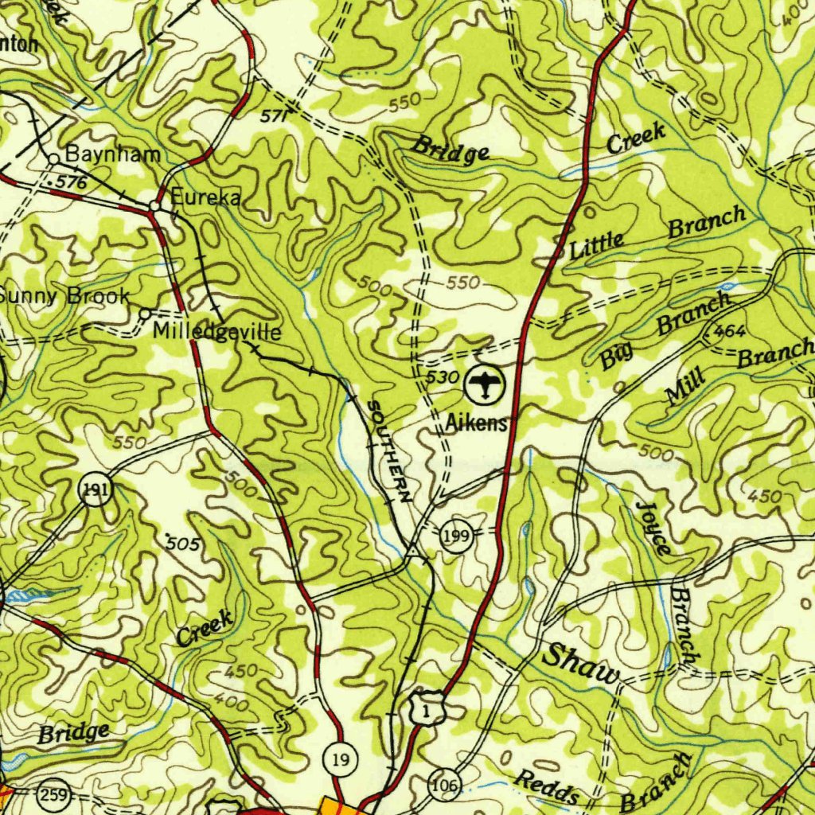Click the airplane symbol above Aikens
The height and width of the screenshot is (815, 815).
point(485,385)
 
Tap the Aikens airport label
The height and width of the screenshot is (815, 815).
point(476,423)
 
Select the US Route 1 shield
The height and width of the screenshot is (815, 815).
point(427,708)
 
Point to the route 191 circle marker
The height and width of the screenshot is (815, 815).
point(96,489)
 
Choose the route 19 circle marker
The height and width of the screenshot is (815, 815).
point(341,760)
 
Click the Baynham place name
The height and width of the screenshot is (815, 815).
point(112,154)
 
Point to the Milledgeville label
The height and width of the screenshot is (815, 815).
point(216,332)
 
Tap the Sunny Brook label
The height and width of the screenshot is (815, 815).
point(64,296)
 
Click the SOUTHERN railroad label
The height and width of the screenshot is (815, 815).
point(389,450)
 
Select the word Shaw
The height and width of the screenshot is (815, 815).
point(580,665)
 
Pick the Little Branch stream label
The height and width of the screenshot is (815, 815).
point(657,233)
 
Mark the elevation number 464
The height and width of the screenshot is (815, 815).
point(729,330)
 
